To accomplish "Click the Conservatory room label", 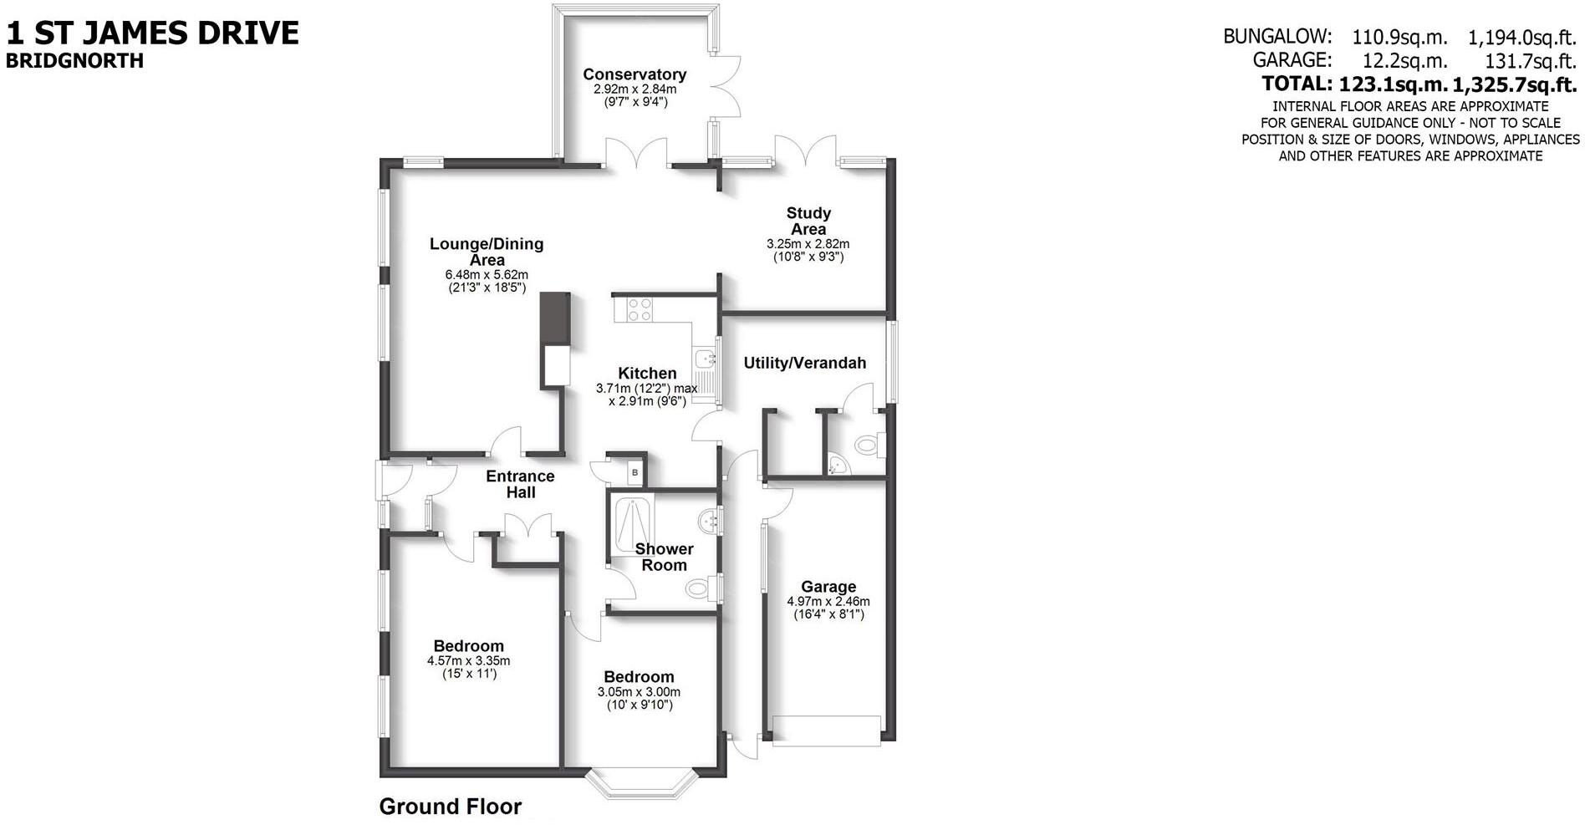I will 635,74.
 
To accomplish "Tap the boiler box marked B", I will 635,473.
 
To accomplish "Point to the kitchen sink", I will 707,360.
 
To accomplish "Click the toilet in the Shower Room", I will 701,588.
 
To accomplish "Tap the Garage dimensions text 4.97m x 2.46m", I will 828,601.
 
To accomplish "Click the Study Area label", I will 808,221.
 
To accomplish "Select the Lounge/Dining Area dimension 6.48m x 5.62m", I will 487,274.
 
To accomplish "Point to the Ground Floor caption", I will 450,807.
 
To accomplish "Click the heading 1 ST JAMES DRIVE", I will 152,33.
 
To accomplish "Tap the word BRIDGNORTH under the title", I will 74,61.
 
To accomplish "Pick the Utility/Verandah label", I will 804,363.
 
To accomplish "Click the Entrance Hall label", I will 520,484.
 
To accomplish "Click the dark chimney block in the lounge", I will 555,318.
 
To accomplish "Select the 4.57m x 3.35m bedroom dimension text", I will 468,660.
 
